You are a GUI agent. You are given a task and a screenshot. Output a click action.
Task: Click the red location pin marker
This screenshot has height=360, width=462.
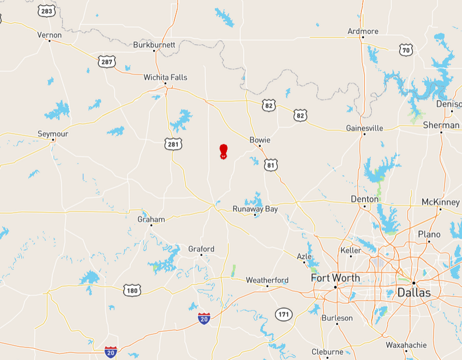[x=223, y=151]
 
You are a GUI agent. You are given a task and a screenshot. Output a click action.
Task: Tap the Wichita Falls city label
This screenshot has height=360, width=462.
[x=165, y=77]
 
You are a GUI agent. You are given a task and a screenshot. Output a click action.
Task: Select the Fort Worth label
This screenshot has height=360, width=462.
[x=335, y=278]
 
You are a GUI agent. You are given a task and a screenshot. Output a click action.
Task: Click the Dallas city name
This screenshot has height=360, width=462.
[x=413, y=292]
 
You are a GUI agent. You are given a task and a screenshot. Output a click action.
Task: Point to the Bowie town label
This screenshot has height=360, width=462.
[x=260, y=140]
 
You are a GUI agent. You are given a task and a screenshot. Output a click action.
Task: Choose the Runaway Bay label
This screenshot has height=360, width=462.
[x=255, y=209]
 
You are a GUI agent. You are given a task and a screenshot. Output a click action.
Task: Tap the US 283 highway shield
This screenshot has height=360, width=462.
[x=47, y=11]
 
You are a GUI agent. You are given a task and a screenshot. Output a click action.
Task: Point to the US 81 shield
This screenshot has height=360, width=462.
[x=271, y=165]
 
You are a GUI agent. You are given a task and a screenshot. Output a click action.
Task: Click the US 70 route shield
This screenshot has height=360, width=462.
[x=406, y=50]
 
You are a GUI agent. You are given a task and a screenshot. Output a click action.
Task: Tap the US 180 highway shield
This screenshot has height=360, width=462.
[x=132, y=290]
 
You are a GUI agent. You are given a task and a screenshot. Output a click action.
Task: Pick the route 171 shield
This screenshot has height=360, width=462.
[x=284, y=314]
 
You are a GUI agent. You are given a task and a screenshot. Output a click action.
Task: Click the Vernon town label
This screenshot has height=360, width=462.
[x=49, y=35]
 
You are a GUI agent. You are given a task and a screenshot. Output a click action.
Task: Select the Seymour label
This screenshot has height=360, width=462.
[x=53, y=133]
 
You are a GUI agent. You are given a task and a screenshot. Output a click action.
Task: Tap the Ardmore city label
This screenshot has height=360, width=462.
[x=363, y=31]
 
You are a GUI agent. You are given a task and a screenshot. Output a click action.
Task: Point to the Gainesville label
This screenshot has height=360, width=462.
[x=364, y=128]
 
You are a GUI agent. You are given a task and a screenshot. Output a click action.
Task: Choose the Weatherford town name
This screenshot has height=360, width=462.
[x=267, y=280]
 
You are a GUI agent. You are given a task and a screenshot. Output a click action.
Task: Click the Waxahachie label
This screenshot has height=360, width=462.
[x=405, y=345]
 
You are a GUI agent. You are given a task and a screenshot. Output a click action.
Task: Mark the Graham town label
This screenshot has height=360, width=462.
[x=151, y=219]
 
